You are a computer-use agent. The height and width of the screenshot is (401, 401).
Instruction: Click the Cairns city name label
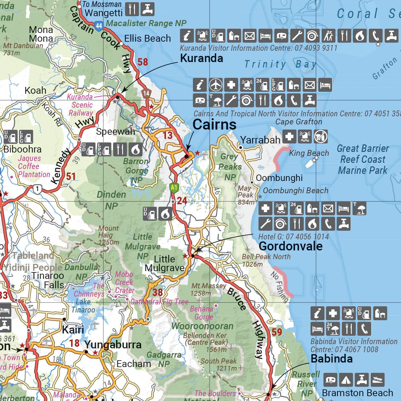point(214,125)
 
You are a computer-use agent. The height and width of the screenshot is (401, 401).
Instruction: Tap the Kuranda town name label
point(201,58)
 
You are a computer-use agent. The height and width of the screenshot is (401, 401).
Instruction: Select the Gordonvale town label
point(290,246)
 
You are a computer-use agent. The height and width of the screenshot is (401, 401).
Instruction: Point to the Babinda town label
point(332,359)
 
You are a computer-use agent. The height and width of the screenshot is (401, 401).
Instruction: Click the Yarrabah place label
point(260,140)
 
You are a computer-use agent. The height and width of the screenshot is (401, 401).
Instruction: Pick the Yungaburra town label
point(113,344)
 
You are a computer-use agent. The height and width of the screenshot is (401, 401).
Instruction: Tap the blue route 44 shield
point(99,26)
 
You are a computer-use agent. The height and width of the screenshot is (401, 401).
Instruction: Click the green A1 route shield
point(174,187)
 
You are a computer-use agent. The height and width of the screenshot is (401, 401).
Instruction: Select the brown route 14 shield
point(146,93)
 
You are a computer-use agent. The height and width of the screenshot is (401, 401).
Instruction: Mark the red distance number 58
point(142,62)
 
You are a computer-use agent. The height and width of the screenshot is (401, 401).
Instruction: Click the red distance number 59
point(277,332)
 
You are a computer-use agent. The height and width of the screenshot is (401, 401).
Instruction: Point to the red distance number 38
point(157,292)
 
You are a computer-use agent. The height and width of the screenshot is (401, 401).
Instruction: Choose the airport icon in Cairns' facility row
point(216,85)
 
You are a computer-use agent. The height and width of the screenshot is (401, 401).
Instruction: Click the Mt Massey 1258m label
point(208,289)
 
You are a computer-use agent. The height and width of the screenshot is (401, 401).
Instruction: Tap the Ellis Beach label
point(147,38)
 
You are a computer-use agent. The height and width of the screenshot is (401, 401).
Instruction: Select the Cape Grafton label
point(299,122)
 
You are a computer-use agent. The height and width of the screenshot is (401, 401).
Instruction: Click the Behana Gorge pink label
point(201,313)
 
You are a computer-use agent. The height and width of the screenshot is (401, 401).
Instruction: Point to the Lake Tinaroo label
point(83,306)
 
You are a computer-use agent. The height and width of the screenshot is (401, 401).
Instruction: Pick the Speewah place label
point(115,132)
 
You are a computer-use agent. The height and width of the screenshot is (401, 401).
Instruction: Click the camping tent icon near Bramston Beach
point(346,380)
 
